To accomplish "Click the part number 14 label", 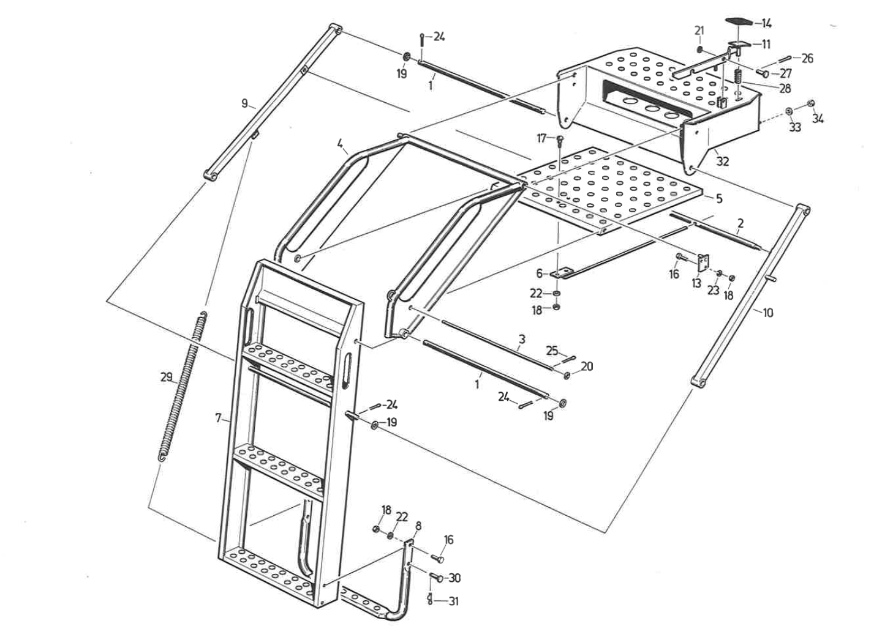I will click(x=766, y=23).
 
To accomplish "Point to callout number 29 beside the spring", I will click(x=166, y=378).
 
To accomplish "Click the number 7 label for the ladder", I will click(x=218, y=419).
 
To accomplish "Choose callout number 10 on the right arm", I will click(x=767, y=313).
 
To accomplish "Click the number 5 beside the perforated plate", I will click(x=719, y=199).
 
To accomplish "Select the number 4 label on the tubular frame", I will click(x=339, y=145).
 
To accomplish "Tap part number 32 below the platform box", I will click(x=723, y=161).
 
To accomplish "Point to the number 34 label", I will click(x=818, y=119).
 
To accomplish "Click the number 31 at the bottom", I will click(x=453, y=601).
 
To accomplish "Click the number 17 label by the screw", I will click(x=541, y=139).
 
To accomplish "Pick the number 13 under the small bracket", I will click(x=696, y=284).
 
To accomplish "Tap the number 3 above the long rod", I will click(x=522, y=338).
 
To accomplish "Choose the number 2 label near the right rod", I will click(x=740, y=224).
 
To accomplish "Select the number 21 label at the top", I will click(x=699, y=31).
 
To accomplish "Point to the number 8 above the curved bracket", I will click(x=418, y=526).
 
